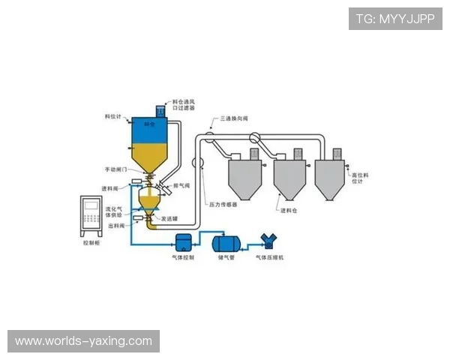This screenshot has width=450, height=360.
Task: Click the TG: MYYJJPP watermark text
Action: click(x=395, y=19)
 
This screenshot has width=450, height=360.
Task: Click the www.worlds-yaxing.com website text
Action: click(x=83, y=341)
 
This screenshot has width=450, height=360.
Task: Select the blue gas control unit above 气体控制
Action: click(x=183, y=242)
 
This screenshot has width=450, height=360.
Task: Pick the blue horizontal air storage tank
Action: click(x=226, y=242)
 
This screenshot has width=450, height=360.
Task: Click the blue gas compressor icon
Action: click(x=268, y=241)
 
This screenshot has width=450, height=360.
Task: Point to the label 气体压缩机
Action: click(x=270, y=258)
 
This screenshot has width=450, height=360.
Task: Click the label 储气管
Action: click(x=226, y=258)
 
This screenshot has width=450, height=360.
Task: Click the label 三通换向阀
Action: click(x=234, y=118)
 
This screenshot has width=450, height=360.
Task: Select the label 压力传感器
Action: click(x=223, y=203)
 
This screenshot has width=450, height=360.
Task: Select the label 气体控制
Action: click(x=183, y=258)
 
